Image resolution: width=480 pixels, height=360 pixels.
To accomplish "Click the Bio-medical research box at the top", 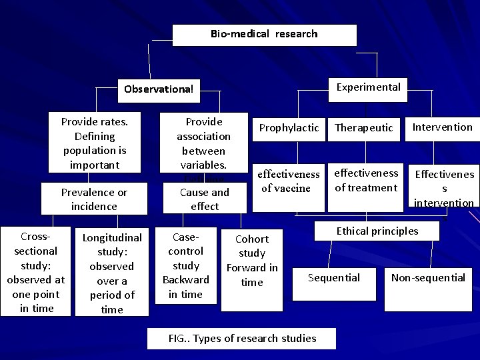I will click(x=264, y=34).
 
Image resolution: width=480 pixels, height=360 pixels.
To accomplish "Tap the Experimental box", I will click(x=368, y=87).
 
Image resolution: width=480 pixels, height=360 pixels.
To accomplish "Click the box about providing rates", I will click(x=94, y=143).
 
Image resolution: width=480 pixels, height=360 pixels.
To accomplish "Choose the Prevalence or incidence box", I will click(x=94, y=199).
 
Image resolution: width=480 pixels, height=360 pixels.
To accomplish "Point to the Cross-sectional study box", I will click(x=36, y=272).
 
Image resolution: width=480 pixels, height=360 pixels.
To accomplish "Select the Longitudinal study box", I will click(x=112, y=273).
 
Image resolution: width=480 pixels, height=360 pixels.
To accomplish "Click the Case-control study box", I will click(x=186, y=265).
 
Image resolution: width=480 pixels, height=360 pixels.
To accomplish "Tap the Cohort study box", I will click(x=252, y=260).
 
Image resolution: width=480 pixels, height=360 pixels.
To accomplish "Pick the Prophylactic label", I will click(x=289, y=127).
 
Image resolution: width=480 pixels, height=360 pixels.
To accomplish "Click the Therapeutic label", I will click(x=364, y=127).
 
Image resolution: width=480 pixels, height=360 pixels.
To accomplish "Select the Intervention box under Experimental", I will click(x=442, y=127).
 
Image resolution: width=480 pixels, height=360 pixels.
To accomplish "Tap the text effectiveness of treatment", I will click(x=366, y=180).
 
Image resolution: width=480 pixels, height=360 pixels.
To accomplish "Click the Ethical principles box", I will click(x=377, y=231).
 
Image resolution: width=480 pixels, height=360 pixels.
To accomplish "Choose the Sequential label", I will click(x=333, y=278).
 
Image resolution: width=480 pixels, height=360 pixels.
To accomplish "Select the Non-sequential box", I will click(x=428, y=278).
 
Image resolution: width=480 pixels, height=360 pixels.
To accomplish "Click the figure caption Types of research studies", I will click(x=242, y=338).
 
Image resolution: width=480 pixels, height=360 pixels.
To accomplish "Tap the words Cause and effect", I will click(x=204, y=199).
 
